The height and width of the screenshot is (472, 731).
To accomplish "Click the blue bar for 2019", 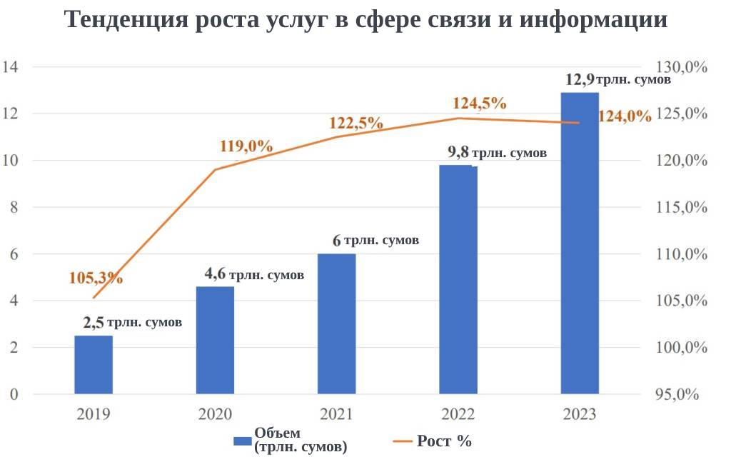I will [x=94, y=364].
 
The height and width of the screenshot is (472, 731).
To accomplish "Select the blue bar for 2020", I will [x=215, y=340].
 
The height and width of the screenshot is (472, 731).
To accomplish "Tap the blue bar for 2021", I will [x=336, y=323].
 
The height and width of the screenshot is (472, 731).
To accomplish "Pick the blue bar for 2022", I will [x=458, y=279].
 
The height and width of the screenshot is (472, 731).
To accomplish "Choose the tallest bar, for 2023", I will [x=580, y=243].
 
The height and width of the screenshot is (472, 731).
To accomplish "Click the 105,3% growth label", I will [x=96, y=278].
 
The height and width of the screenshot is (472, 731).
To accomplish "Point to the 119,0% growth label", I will [x=246, y=146].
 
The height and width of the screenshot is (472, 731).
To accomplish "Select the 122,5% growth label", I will [x=356, y=123].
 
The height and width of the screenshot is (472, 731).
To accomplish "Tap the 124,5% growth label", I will [x=479, y=103].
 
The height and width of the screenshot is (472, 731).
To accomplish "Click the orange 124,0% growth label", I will [x=624, y=116].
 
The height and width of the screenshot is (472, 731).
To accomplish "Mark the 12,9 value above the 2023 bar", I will [x=579, y=79].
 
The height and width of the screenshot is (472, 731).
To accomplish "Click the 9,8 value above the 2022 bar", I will [x=458, y=152].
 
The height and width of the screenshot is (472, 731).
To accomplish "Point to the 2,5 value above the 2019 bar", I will [x=94, y=323].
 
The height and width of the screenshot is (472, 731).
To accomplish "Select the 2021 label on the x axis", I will [x=336, y=414].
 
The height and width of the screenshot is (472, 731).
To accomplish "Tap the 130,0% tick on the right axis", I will [x=682, y=67].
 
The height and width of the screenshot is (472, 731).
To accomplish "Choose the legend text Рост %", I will [x=443, y=441].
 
